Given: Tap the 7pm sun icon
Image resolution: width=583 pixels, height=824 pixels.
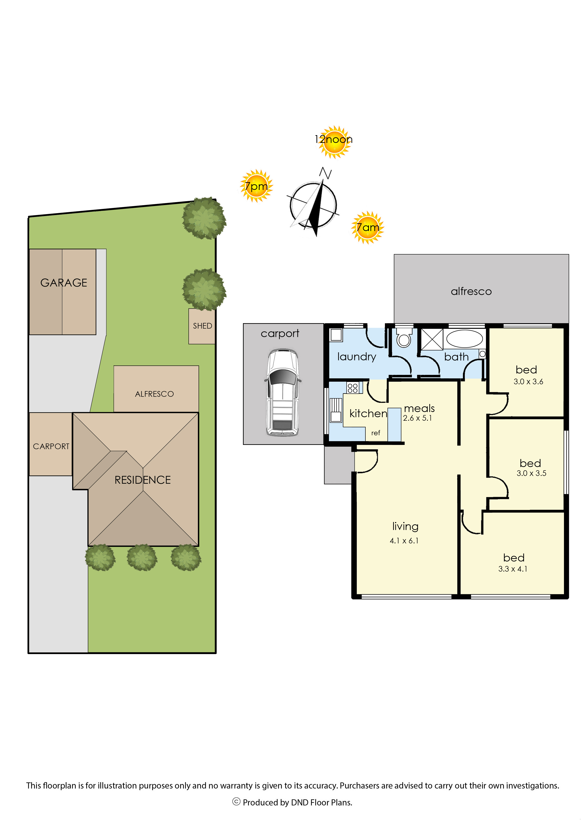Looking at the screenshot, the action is click(257, 186).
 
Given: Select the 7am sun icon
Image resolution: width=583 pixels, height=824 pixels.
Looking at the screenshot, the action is click(368, 227).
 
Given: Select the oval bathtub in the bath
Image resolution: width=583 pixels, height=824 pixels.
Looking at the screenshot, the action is click(465, 338).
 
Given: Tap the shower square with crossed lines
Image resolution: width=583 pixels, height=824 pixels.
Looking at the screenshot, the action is click(432, 339).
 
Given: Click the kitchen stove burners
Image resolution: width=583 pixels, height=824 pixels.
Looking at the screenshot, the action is click(352, 388).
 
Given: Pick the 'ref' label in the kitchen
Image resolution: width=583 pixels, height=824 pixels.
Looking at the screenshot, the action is click(376, 433).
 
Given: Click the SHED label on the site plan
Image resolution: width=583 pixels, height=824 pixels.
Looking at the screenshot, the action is click(203, 326).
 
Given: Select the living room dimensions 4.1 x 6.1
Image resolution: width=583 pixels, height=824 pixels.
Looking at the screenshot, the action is click(404, 541).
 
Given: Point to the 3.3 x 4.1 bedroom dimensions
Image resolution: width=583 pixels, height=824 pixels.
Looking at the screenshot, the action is click(513, 569).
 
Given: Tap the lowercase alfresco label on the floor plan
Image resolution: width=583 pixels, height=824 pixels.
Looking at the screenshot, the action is click(471, 291).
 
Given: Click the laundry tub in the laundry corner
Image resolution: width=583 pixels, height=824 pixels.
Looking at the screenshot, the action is click(336, 335).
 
